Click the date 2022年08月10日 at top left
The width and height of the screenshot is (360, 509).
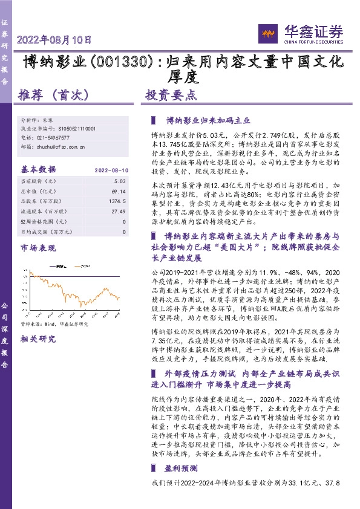pyautogui.click(x=54, y=41)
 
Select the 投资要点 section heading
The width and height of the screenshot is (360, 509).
pyautogui.click(x=170, y=95)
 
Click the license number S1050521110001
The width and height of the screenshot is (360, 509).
pyautogui.click(x=78, y=129)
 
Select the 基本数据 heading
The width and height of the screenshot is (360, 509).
pyautogui.click(x=38, y=170)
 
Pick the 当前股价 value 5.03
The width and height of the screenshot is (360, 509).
pyautogui.click(x=119, y=181)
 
